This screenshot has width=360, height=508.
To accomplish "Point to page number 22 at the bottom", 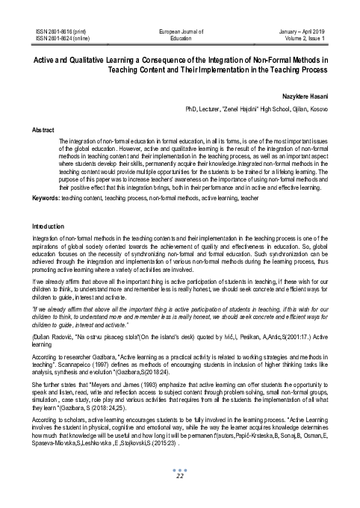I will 179,476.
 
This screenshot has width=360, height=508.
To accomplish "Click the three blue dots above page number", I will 179,468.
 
